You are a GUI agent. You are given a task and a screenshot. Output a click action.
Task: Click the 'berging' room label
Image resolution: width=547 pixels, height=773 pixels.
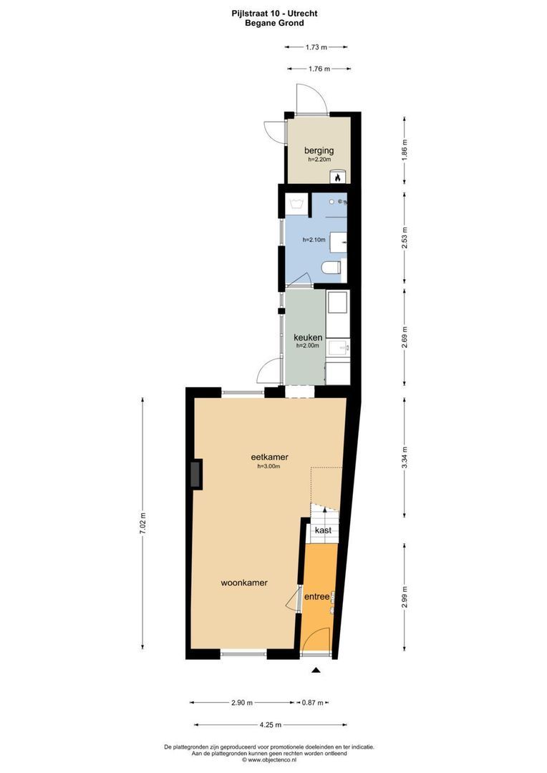click(319, 150)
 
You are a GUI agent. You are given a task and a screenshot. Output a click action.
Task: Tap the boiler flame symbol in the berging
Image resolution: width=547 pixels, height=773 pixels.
click(341, 176)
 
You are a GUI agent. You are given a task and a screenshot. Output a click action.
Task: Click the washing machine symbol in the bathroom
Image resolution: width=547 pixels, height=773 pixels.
click(296, 204)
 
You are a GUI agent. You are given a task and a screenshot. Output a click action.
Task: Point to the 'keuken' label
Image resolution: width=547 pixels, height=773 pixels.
click(308, 337)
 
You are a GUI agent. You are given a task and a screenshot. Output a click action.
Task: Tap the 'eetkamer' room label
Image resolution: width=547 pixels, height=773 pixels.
click(269, 457)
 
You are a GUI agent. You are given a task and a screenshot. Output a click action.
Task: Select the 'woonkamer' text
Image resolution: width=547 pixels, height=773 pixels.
click(243, 583)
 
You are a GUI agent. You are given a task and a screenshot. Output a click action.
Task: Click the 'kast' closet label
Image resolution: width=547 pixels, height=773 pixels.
click(322, 530)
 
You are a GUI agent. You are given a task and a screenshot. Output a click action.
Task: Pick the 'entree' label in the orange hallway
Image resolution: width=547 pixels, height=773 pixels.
click(316, 596)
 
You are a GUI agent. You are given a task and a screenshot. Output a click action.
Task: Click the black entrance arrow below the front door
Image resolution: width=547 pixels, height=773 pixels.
click(315, 671)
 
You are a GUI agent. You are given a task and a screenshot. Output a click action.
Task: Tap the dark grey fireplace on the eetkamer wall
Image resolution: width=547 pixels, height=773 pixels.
click(195, 474)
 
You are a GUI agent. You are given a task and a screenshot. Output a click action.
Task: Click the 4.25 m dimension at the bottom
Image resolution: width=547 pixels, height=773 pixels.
click(270, 724)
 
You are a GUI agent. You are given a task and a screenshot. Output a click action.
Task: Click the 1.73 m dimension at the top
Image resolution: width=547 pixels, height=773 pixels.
click(316, 47)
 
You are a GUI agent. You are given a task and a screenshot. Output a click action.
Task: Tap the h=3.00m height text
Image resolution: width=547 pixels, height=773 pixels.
click(268, 467)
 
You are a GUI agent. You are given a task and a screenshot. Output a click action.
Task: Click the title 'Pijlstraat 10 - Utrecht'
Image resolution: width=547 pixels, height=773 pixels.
click(274, 13)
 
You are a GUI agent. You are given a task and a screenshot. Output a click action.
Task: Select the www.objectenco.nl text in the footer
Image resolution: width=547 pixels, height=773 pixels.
click(273, 760)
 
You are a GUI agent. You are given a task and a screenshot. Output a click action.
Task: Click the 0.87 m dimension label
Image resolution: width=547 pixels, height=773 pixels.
click(313, 702)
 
